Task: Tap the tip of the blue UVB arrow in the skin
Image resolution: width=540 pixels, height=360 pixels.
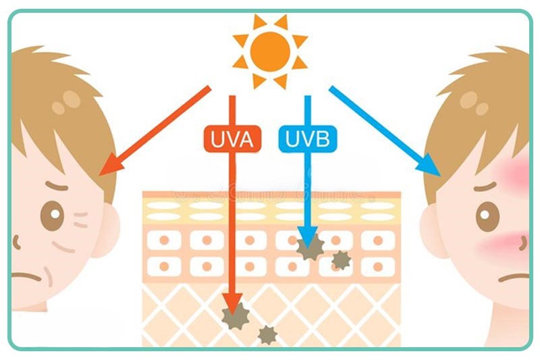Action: point(308,245)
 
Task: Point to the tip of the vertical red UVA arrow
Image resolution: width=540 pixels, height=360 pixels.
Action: point(232,311)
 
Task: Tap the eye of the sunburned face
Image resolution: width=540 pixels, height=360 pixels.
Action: point(487,216)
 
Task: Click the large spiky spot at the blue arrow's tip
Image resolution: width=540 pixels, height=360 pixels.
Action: point(310,248)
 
